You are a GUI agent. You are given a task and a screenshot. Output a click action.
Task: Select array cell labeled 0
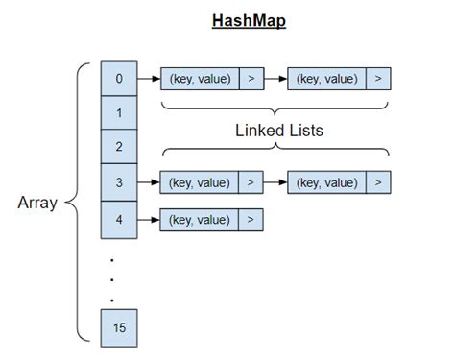119,79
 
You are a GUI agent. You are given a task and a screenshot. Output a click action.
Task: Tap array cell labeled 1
119,113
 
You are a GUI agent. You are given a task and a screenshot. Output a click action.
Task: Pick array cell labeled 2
119,147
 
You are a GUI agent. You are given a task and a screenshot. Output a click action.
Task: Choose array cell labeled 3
119,180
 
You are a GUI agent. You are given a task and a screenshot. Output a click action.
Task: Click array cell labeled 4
119,219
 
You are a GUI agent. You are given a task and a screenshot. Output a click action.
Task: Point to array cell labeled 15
119,328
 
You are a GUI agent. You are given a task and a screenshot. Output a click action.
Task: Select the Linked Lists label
278,131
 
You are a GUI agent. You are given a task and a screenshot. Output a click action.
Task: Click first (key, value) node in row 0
199,79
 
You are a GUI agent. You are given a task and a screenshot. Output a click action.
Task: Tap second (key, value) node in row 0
326,79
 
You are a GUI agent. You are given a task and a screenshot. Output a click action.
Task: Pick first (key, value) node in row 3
199,181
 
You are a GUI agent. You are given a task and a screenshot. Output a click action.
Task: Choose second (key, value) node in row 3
326,181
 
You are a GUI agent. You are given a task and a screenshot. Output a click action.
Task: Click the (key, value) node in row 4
199,220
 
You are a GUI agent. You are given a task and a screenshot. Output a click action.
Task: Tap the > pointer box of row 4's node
250,220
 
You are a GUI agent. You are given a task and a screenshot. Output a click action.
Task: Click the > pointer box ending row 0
378,79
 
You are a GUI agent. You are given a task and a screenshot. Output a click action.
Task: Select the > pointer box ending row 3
378,181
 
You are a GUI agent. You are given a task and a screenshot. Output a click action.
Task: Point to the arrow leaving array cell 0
148,79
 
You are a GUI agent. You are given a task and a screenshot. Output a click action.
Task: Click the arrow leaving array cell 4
148,220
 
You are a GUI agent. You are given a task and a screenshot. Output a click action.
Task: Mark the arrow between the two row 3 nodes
275,181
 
